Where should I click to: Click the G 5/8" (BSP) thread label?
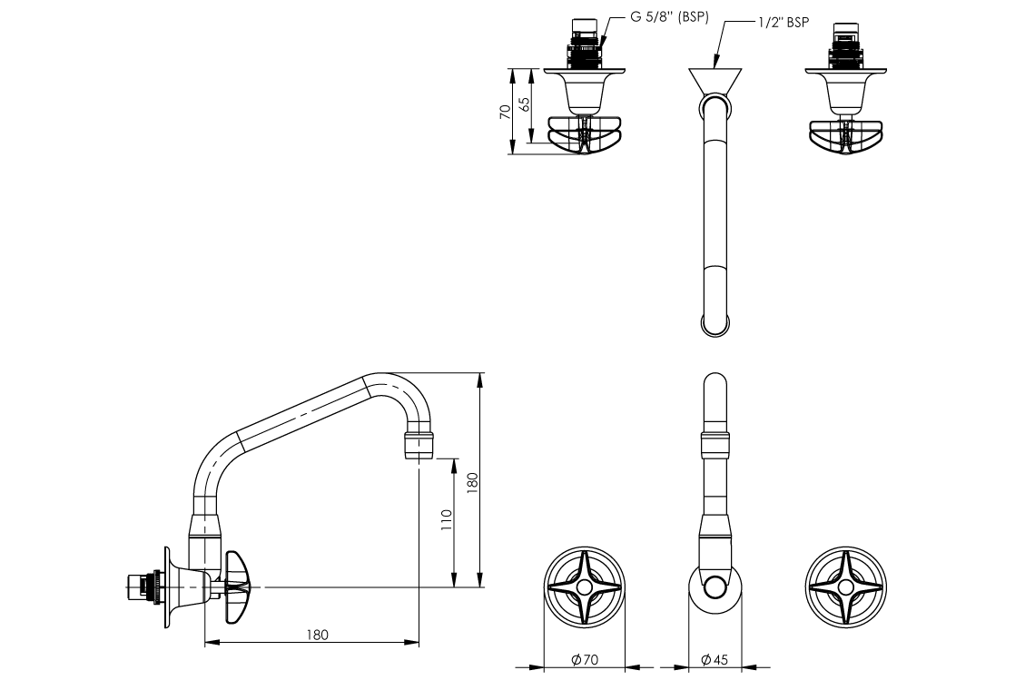tap(669, 17)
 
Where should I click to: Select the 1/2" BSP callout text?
tap(784, 23)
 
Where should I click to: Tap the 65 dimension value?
tap(524, 103)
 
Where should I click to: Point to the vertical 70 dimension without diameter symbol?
tap(505, 112)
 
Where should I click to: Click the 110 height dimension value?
tap(446, 520)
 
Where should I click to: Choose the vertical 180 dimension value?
tap(471, 480)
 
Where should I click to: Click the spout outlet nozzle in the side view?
tap(419, 446)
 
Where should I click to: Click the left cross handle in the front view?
tap(584, 587)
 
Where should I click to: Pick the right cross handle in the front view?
tap(845, 587)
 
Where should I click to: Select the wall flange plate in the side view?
tap(166, 587)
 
